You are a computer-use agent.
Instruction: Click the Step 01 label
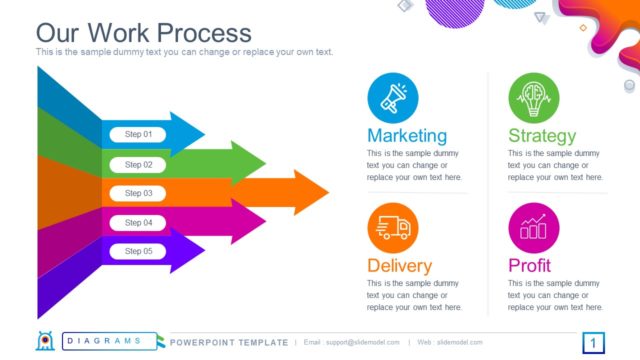pyautogui.click(x=138, y=134)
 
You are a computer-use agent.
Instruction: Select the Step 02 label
pyautogui.click(x=138, y=164)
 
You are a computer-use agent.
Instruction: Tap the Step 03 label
pyautogui.click(x=138, y=193)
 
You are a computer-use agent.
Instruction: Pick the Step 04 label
pyautogui.click(x=138, y=222)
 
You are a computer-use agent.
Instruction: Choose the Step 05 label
pyautogui.click(x=138, y=251)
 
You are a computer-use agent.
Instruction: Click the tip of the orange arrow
pyautogui.click(x=325, y=192)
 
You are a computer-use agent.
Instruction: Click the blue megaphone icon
pyautogui.click(x=392, y=97)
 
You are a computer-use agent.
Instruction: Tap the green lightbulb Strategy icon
pyautogui.click(x=533, y=97)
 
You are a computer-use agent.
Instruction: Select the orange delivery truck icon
pyautogui.click(x=392, y=228)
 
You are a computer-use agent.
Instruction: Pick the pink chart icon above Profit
pyautogui.click(x=533, y=228)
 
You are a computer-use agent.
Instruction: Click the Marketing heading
pyautogui.click(x=407, y=135)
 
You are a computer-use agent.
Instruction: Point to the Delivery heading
pyautogui.click(x=400, y=266)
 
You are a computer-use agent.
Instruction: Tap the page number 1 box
pyautogui.click(x=592, y=344)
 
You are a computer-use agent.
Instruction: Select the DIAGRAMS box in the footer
pyautogui.click(x=109, y=342)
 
